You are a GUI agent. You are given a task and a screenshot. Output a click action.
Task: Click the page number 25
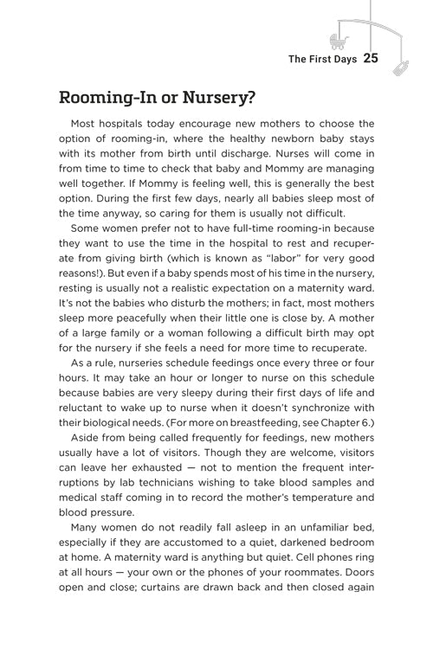pos(372,59)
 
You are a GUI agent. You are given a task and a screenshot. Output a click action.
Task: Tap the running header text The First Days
pos(322,60)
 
